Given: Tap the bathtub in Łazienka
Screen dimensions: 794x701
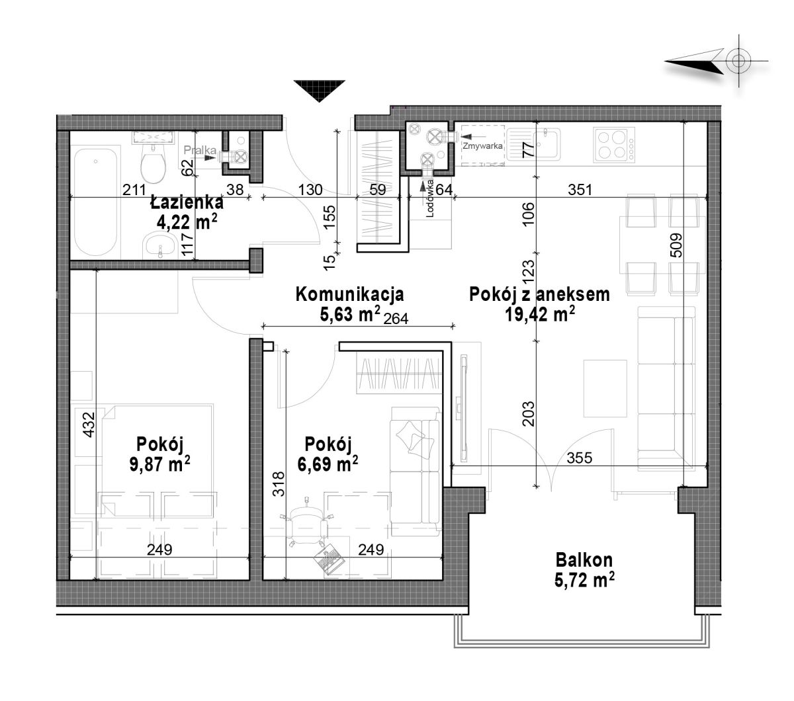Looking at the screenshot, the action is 96,202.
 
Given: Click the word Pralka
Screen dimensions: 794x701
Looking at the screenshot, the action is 200,149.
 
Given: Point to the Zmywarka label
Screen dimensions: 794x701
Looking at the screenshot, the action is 482,145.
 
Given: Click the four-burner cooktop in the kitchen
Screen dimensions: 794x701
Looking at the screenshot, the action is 614,145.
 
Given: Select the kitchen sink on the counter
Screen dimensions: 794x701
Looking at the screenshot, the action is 533,144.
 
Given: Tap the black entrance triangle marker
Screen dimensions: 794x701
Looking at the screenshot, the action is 319,91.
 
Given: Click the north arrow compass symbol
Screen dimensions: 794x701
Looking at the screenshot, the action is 717,62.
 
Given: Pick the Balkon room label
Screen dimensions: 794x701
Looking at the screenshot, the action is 584,560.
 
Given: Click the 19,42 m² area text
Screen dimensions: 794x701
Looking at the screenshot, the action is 540,314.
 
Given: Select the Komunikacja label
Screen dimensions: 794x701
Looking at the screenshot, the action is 349,294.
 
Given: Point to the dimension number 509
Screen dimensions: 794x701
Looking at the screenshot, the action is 676,246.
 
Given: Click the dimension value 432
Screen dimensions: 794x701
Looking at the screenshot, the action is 89,425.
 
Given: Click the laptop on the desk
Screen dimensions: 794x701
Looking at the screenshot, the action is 330,559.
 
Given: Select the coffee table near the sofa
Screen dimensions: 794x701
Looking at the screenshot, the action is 605,389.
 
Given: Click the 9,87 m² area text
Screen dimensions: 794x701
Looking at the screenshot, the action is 159,464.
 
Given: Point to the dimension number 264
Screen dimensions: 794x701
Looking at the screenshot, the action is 396,319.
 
